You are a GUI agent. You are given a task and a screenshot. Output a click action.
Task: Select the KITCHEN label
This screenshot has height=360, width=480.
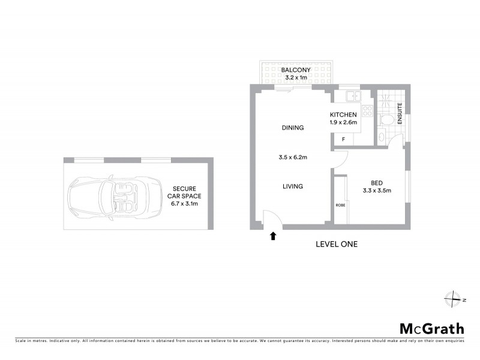click(x=343, y=115)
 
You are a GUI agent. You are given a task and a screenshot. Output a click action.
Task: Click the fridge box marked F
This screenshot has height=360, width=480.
click(x=343, y=139)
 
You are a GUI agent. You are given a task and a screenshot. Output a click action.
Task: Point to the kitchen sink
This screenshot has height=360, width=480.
click(x=352, y=96)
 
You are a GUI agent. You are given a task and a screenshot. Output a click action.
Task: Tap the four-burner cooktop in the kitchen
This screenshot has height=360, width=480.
click(x=367, y=112)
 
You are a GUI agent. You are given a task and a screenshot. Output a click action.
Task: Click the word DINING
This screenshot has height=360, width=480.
click(x=293, y=128)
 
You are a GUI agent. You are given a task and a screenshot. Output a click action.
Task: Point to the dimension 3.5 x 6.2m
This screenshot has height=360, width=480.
click(x=293, y=158)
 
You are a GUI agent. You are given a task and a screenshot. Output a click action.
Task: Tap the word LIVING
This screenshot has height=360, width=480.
click(x=293, y=187)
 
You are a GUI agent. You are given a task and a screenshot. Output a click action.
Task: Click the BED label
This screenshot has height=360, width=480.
click(x=376, y=184)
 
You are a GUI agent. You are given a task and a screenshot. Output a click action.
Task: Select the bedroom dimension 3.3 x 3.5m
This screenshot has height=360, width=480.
click(x=376, y=191)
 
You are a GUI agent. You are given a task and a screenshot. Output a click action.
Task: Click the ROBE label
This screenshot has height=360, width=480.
click(x=340, y=205)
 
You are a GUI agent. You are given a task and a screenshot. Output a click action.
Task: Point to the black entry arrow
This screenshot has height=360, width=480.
click(x=273, y=236)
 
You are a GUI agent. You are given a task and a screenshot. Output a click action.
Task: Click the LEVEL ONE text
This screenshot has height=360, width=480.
click(x=337, y=244)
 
